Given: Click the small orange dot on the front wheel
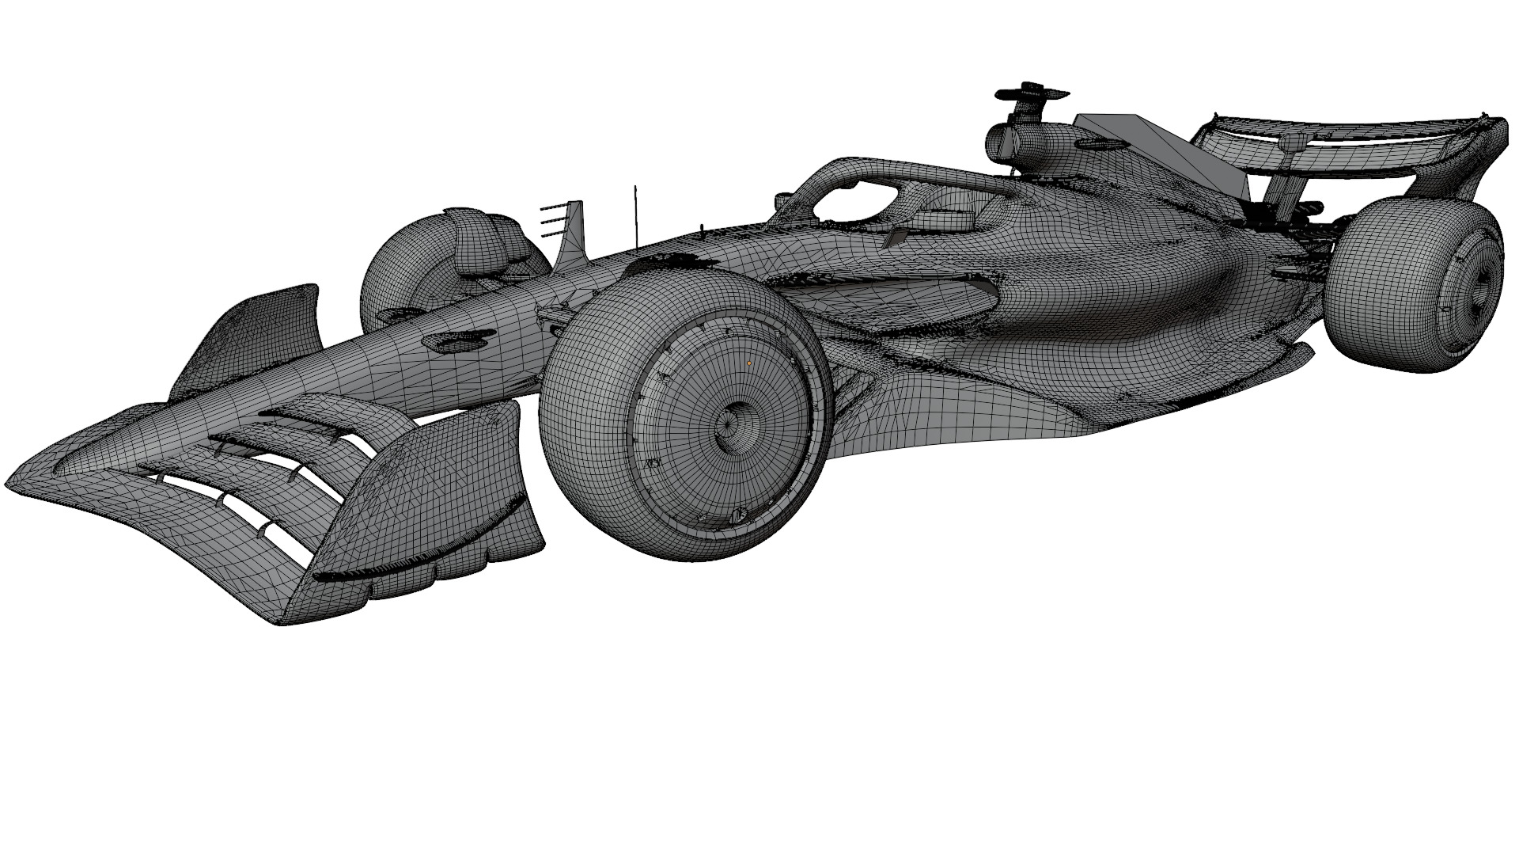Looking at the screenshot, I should pyautogui.click(x=749, y=363).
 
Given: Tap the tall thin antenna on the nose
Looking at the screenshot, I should pyautogui.click(x=634, y=214).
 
